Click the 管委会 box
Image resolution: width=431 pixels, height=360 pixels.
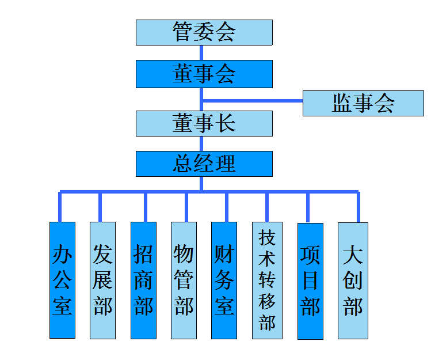point(204,32)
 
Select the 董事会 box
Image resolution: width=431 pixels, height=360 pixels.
point(204,74)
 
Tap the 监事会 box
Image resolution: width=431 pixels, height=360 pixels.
point(363,103)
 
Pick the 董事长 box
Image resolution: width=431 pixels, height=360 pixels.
point(204,123)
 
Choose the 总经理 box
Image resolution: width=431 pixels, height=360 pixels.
point(204,164)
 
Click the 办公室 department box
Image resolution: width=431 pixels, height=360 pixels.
point(62,280)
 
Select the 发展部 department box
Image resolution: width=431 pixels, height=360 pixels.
point(102,280)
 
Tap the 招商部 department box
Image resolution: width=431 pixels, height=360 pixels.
point(143,280)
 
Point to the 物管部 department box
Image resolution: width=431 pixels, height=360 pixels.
point(184,280)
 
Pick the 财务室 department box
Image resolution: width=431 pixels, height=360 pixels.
point(224,280)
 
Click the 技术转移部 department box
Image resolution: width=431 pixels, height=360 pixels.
point(267,280)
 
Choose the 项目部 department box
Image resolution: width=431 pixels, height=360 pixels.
point(310,280)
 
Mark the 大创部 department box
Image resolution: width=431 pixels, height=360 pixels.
point(353,280)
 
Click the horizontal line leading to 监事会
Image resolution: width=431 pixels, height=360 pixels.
point(253,101)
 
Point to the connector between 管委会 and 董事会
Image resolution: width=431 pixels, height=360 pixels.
point(201,52)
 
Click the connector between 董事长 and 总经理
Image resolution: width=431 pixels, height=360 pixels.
point(201,143)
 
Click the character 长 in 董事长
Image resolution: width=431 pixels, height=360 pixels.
point(226,123)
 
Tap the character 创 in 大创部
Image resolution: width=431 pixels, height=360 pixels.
point(353,280)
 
